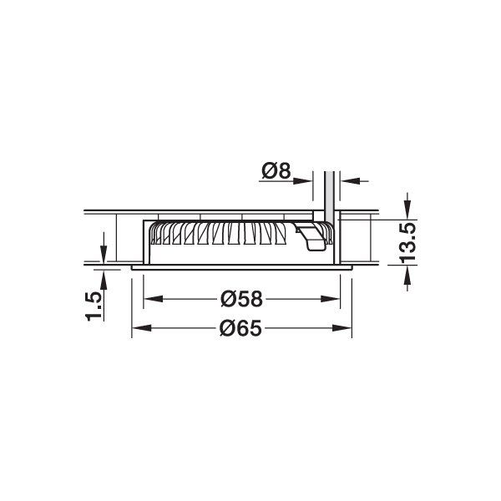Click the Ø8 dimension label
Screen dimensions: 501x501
[x=276, y=172]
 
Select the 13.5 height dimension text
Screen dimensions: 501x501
[x=408, y=241]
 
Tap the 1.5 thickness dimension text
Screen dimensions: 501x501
[x=94, y=306]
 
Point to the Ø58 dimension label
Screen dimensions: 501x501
[x=241, y=298]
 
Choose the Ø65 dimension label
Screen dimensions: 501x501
[x=241, y=328]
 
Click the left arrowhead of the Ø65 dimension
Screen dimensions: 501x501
[x=139, y=328]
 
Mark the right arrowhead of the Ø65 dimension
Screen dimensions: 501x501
[x=346, y=328]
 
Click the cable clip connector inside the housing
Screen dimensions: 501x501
[x=312, y=236]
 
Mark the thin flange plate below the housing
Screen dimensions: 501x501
[x=242, y=268]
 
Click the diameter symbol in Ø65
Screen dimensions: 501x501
[x=228, y=328]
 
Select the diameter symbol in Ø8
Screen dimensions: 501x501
[x=269, y=172]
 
